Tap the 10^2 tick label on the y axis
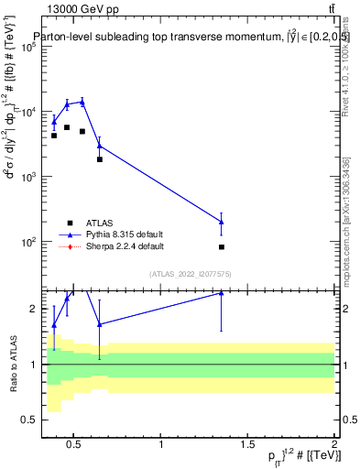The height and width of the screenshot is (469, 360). tap(27, 243)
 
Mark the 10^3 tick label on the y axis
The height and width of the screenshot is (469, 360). tap(27, 178)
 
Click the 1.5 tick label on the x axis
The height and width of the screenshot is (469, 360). tap(248, 445)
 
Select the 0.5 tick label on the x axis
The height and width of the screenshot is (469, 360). tap(75, 445)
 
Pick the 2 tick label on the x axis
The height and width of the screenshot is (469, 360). tap(334, 445)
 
